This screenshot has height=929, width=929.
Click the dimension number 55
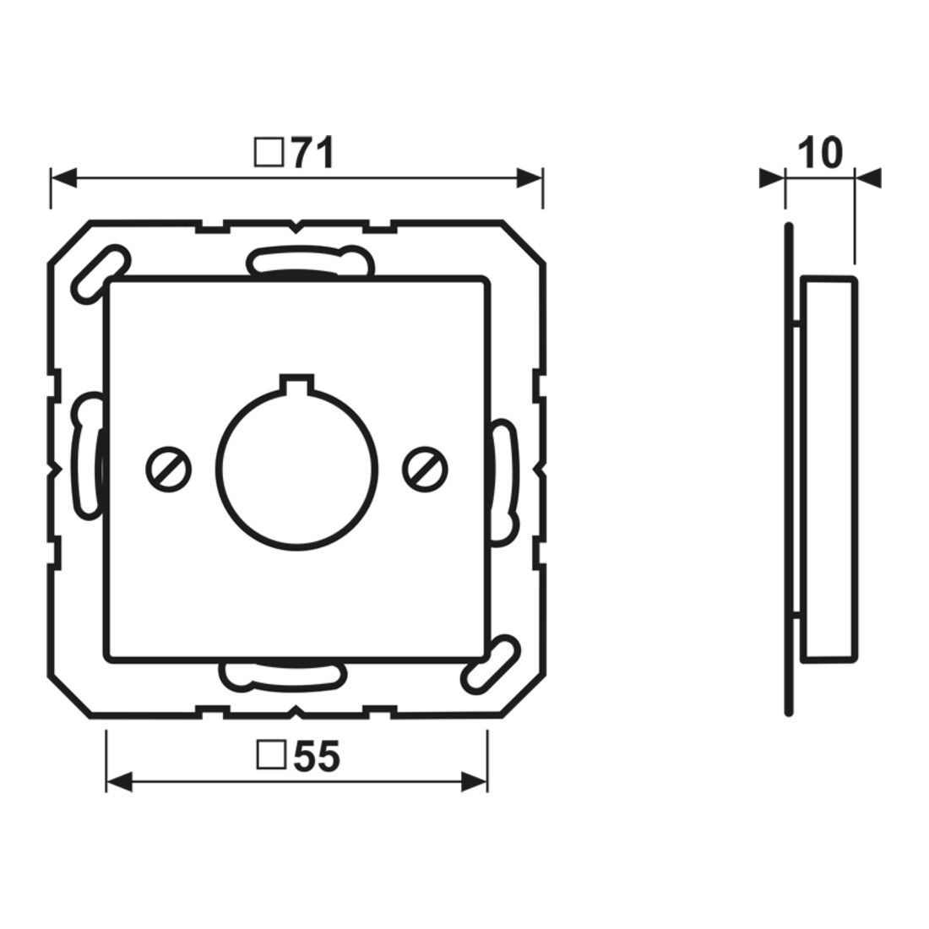317,757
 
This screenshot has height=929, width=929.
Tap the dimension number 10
820,153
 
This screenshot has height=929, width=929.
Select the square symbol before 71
269,153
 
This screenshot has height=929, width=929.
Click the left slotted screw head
168,470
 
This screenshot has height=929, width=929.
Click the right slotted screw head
425,470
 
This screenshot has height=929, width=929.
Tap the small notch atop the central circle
296,383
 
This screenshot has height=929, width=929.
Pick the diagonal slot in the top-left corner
101,274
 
